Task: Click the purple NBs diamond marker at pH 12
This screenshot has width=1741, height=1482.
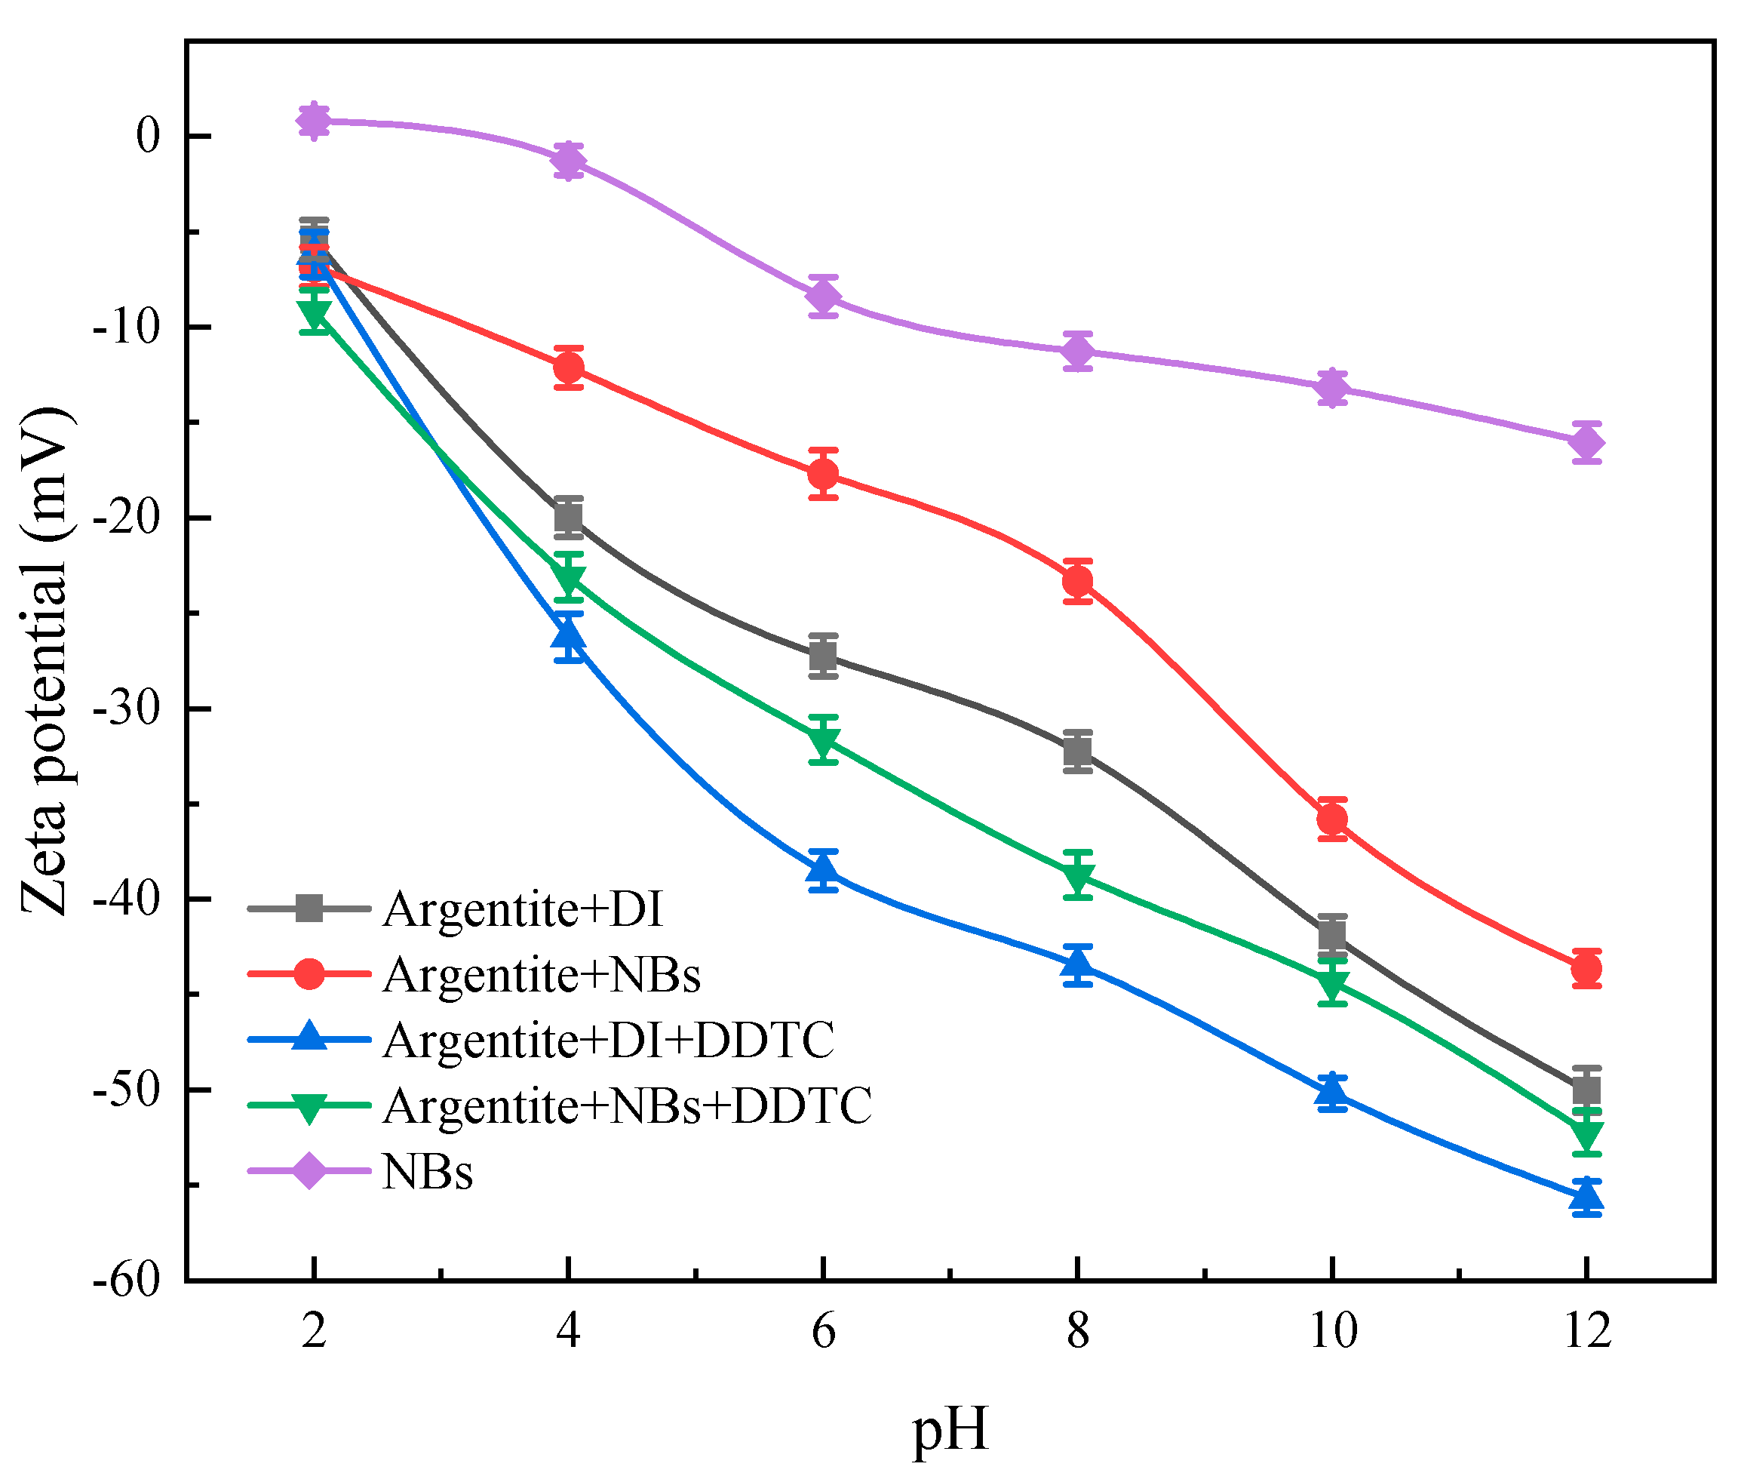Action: click(x=1586, y=443)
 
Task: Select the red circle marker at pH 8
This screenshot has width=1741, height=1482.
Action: click(x=1077, y=581)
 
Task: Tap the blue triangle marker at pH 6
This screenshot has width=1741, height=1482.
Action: click(x=823, y=870)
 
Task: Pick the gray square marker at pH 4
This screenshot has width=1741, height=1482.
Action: click(x=569, y=518)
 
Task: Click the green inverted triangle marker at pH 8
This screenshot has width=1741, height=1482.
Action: click(x=1077, y=877)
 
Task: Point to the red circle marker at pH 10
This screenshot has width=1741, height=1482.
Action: click(x=1332, y=819)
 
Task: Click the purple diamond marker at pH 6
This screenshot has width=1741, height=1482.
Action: click(x=824, y=297)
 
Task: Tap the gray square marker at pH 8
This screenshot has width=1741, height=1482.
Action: click(x=1077, y=751)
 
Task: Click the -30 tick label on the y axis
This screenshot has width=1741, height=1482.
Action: click(x=126, y=709)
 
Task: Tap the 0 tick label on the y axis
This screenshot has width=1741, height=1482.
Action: click(x=148, y=136)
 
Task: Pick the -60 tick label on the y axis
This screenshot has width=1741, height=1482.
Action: click(x=126, y=1281)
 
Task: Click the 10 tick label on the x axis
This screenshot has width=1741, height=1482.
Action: click(x=1333, y=1332)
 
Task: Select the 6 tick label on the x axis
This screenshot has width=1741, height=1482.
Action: click(x=823, y=1332)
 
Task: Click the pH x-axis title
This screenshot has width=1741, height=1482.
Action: click(x=950, y=1429)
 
